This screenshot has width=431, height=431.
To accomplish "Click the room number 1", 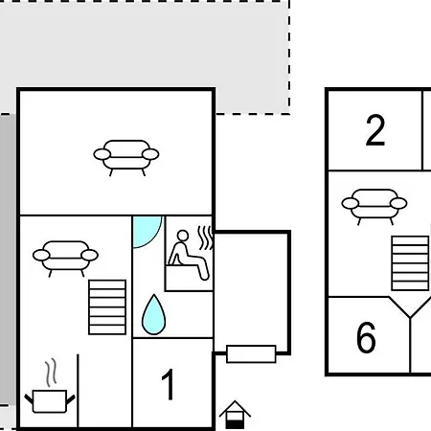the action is pyautogui.click(x=168, y=384).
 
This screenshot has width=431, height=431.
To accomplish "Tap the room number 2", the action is pyautogui.click(x=375, y=130).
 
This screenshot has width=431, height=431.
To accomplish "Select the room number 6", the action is pyautogui.click(x=366, y=337).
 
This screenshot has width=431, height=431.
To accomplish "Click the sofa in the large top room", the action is pyautogui.click(x=126, y=158).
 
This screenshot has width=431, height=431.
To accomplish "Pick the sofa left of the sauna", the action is pyautogui.click(x=65, y=259).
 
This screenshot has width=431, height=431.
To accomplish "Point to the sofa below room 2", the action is pyautogui.click(x=374, y=207).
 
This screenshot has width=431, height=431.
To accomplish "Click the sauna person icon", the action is pyautogui.click(x=189, y=256).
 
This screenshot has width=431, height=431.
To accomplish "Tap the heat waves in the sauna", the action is pyautogui.click(x=205, y=238).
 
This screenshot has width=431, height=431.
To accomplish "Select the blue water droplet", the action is pyautogui.click(x=153, y=315).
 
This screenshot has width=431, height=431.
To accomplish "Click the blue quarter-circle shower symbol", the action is pyautogui.click(x=146, y=231).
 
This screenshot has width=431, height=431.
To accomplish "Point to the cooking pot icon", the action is pyautogui.click(x=50, y=401).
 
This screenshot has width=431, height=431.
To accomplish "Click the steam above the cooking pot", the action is pyautogui.click(x=51, y=373).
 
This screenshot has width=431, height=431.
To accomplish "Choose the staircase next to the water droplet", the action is pyautogui.click(x=107, y=307).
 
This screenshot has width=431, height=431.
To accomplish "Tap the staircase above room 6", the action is pyautogui.click(x=410, y=263).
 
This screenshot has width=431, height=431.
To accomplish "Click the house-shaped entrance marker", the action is pyautogui.click(x=235, y=415).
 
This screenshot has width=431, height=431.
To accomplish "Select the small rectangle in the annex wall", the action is pyautogui.click(x=251, y=353).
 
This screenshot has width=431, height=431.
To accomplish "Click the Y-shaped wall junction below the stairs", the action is pyautogui.click(x=410, y=317).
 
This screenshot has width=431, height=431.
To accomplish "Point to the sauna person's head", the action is pyautogui.click(x=183, y=236).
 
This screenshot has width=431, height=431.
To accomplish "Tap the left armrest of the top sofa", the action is pyautogui.click(x=102, y=154).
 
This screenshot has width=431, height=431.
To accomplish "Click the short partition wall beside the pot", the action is pyautogui.click(x=78, y=391).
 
